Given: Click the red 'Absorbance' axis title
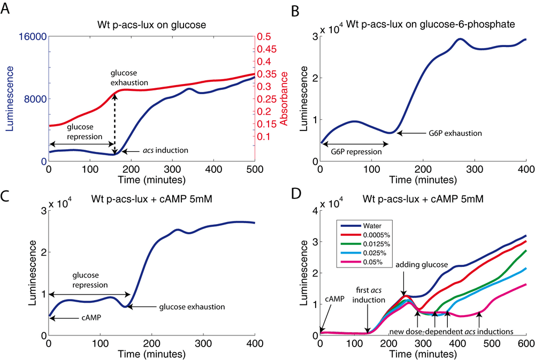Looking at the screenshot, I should point(284,99).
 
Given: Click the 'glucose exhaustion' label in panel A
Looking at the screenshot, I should point(129,77).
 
